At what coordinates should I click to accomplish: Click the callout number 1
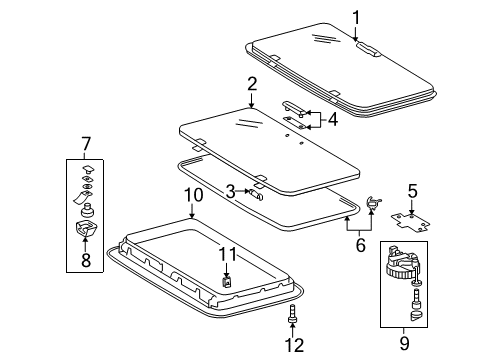pyautogui.click(x=356, y=18)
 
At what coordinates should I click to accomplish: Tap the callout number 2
pyautogui.click(x=252, y=84)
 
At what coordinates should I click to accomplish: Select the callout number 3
pyautogui.click(x=230, y=192)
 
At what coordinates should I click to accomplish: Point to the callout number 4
pyautogui.click(x=332, y=119)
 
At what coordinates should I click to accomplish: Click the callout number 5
pyautogui.click(x=412, y=192)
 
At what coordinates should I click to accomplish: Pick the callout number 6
pyautogui.click(x=361, y=245)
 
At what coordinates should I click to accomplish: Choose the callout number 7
pyautogui.click(x=86, y=144)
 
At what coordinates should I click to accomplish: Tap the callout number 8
pyautogui.click(x=86, y=260)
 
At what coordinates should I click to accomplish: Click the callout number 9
pyautogui.click(x=404, y=343)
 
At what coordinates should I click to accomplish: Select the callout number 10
pyautogui.click(x=194, y=195)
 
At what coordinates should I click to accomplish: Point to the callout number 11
pyautogui.click(x=227, y=254)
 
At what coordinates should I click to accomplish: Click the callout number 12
pyautogui.click(x=294, y=345)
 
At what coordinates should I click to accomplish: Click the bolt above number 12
pyautogui.click(x=292, y=313)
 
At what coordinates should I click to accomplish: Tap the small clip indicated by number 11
pyautogui.click(x=227, y=282)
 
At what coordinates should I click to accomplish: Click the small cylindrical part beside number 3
pyautogui.click(x=256, y=194)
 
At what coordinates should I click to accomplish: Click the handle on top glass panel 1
pyautogui.click(x=369, y=49)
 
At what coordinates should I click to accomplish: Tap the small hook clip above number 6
pyautogui.click(x=373, y=202)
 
